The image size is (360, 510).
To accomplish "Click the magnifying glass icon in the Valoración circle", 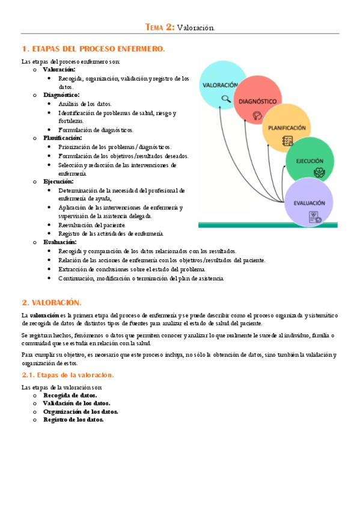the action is [226, 99].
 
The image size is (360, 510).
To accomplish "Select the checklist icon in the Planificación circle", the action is [288, 141].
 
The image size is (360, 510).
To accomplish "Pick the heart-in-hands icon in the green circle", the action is [319, 173].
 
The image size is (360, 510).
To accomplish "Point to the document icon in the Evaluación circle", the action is [314, 218].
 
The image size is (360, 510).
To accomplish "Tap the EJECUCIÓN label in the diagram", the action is [310, 161].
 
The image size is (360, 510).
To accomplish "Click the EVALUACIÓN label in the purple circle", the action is [310, 203].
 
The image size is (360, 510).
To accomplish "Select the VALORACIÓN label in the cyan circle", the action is [221, 85].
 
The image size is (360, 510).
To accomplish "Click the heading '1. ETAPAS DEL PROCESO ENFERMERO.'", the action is [93, 49].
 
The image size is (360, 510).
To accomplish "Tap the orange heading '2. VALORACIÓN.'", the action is [51, 303].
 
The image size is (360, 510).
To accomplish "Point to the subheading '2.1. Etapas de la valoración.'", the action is [67, 375].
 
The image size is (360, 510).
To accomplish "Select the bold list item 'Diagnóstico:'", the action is [61, 95].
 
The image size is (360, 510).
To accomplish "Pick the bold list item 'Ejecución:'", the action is [58, 181].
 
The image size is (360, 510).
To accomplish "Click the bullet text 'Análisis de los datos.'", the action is [85, 103].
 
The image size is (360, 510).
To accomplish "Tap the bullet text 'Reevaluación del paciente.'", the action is [92, 225].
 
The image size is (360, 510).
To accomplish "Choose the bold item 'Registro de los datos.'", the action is [73, 420].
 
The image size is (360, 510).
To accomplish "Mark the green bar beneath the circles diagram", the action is [268, 225].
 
